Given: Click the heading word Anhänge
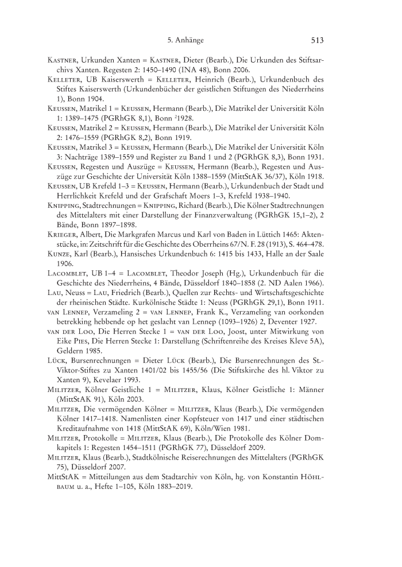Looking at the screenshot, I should [x=191, y=40].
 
